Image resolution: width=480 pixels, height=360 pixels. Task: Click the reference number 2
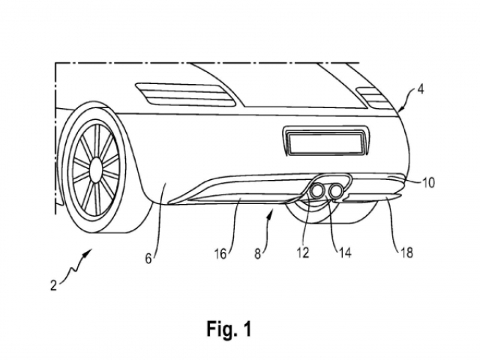pos(54,285)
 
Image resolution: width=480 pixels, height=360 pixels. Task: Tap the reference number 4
pos(421,89)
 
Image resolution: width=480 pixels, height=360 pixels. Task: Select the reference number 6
pos(148,259)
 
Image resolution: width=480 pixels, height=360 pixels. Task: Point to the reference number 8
pos(258,253)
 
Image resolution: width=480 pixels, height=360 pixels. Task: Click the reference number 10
pos(428,183)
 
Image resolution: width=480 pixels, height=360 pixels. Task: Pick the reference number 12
pos(302,253)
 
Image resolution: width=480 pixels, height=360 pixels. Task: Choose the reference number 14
pos(345,253)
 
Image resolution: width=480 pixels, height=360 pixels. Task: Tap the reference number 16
pos(220,253)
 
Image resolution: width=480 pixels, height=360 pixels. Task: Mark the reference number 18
pos(406,253)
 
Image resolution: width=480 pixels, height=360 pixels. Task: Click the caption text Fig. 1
pos(229,328)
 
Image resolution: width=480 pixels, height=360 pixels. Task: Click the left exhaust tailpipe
pos(318,190)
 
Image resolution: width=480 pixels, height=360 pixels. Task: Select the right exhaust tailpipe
pos(336,190)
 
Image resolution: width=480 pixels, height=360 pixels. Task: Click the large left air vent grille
pos(185,94)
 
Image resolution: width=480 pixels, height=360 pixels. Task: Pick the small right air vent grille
pos(374,98)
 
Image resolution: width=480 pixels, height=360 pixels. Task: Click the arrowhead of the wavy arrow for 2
pos(89,250)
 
